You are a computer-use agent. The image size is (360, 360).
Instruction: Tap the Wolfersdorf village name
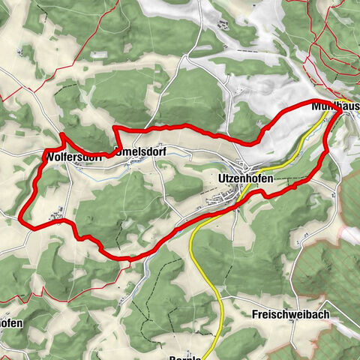tap(72, 157)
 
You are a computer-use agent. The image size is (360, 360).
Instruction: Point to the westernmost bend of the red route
tap(20, 218)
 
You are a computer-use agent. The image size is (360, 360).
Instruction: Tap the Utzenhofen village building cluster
tap(225, 196)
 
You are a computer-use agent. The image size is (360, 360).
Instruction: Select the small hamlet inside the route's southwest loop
tap(55, 217)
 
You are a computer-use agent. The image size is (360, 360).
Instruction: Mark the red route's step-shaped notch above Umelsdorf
tap(117, 136)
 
